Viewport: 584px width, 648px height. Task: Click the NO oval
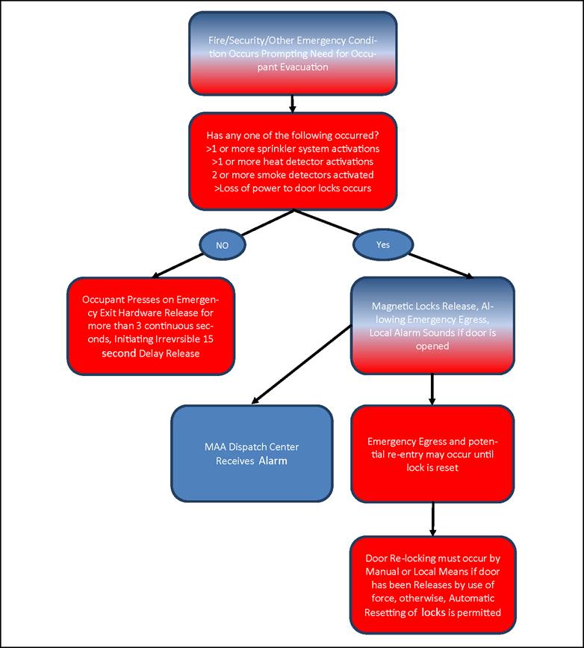click(223, 245)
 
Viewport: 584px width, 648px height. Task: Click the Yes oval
click(383, 244)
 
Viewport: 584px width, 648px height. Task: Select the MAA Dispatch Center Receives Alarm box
click(252, 454)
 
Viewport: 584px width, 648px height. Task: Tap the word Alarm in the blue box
click(273, 461)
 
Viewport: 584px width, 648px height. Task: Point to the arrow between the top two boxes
click(293, 104)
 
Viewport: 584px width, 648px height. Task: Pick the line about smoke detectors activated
click(293, 175)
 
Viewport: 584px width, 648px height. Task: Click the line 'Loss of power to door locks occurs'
click(293, 188)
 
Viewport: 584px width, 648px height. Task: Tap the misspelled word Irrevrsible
click(178, 339)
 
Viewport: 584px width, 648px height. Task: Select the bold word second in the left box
click(119, 354)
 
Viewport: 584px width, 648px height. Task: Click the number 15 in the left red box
click(208, 339)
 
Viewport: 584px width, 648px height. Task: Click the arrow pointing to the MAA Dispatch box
click(302, 364)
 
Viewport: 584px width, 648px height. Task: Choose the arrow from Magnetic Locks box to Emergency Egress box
click(432, 389)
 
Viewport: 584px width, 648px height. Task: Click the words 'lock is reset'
click(432, 468)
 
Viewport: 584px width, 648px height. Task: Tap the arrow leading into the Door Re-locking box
click(432, 519)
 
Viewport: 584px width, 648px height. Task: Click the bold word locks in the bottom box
click(433, 612)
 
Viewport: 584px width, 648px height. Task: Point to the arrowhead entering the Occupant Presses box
click(155, 275)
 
